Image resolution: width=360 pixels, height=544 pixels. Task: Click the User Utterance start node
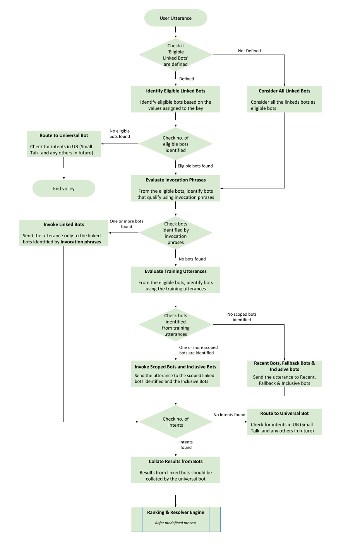point(175,18)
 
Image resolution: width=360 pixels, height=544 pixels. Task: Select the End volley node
point(63,188)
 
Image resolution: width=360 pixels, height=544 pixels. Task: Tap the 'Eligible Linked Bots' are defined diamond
point(175,55)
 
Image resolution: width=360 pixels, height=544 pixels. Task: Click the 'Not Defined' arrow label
point(249,51)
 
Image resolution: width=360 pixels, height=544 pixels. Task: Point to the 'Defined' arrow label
point(186,79)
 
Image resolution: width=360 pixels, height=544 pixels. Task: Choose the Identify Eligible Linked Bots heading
point(175,91)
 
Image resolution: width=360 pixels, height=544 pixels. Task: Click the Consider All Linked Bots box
point(284,99)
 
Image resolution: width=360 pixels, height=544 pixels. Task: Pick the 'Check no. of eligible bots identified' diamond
point(175,144)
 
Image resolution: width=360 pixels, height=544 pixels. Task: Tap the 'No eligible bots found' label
point(120,134)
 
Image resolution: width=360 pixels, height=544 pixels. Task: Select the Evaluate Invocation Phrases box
point(175,188)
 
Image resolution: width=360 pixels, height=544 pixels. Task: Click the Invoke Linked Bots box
point(63,233)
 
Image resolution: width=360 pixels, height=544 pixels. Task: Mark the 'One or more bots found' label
point(126,224)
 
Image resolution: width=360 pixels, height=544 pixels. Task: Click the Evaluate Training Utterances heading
point(175,271)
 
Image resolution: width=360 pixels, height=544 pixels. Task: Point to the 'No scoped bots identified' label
point(242,317)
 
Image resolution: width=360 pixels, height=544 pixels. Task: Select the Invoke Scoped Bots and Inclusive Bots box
point(175,374)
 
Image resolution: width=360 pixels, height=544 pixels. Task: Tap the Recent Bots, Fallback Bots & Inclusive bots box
point(284,373)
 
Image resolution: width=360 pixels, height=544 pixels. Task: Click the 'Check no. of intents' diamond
point(175,422)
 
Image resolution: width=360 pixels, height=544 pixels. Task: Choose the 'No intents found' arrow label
point(229,415)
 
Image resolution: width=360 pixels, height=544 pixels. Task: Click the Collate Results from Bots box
point(175,470)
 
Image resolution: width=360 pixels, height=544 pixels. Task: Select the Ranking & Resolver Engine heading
point(175,512)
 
